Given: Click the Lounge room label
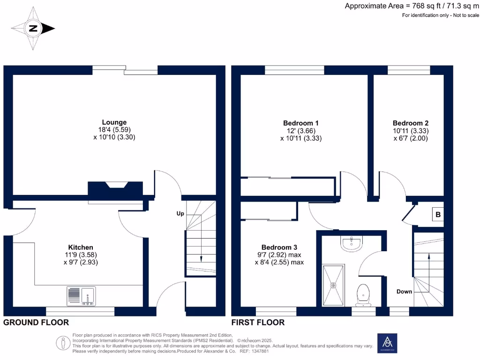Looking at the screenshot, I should [x=115, y=123].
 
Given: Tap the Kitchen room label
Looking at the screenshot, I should [x=81, y=247].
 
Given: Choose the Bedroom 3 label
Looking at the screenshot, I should [x=279, y=247].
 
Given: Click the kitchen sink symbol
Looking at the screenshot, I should [x=82, y=296].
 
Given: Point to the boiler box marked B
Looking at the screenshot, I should [x=438, y=215].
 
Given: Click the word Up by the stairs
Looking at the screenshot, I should [x=180, y=214].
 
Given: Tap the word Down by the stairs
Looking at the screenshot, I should [x=404, y=292].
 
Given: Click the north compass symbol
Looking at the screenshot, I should [x=33, y=29].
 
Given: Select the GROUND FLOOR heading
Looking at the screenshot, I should [x=36, y=322].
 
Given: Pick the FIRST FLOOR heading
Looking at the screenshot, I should [x=258, y=322].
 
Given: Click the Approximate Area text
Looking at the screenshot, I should [x=412, y=6].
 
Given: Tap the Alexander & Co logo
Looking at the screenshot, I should [x=387, y=343].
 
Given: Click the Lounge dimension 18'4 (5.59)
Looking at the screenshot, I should [x=115, y=130].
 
